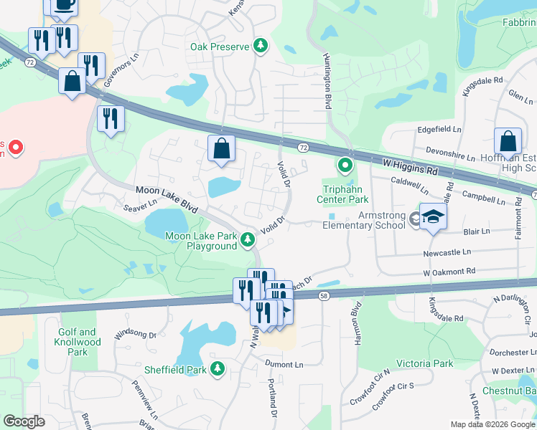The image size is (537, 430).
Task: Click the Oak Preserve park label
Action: pyautogui.click(x=219, y=47)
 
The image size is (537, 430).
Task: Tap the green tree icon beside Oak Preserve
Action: pyautogui.click(x=261, y=47)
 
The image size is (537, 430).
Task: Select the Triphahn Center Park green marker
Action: pyautogui.click(x=345, y=166)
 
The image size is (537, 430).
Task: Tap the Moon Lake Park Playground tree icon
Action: pyautogui.click(x=248, y=239)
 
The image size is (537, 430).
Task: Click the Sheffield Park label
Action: pyautogui.click(x=177, y=370)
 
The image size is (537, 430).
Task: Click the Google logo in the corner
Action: pyautogui.click(x=24, y=421)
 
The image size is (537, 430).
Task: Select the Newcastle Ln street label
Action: pyautogui.click(x=447, y=252)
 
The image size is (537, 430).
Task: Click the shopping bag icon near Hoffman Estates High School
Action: pyautogui.click(x=508, y=142)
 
